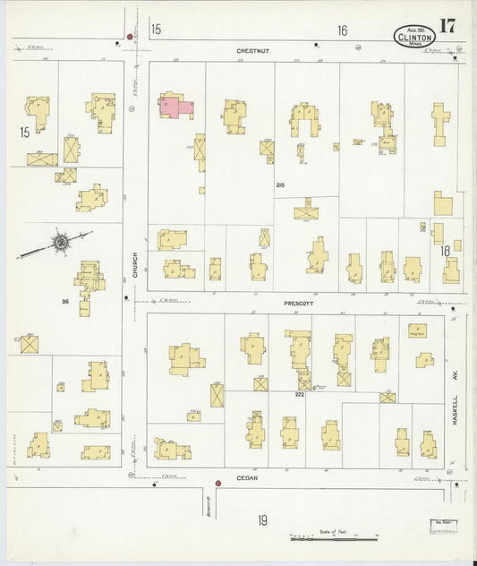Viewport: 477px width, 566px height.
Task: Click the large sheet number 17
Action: [447, 25]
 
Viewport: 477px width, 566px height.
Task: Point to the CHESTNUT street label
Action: [252, 51]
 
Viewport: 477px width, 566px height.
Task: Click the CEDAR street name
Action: [247, 478]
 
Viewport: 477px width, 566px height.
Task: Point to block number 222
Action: [300, 393]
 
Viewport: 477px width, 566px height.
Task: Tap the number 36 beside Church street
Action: [64, 301]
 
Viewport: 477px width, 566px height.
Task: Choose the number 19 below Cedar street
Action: [263, 519]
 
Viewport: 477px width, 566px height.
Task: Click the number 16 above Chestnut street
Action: [342, 30]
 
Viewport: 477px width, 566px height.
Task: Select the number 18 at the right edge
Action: [445, 252]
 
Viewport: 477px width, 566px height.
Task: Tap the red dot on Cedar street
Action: [217, 484]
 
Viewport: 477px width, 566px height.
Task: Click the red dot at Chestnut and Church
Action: [131, 37]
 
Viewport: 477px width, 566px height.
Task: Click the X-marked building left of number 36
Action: [30, 343]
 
